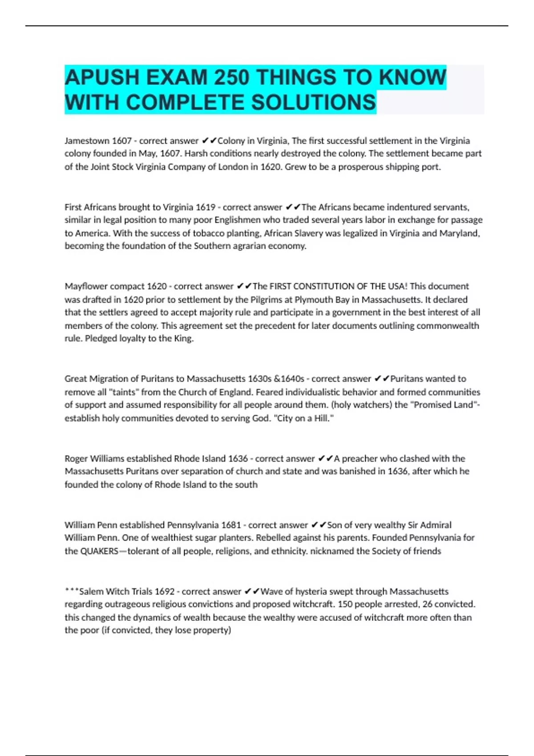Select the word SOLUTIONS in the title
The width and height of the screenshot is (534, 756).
coord(313,102)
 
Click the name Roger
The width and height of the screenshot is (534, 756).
coord(76,458)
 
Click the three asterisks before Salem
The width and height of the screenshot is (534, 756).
coord(71,591)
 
